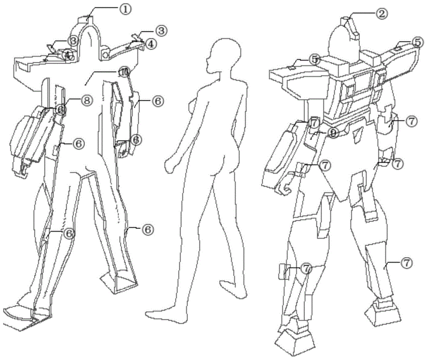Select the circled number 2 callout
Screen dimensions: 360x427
click(x=381, y=13)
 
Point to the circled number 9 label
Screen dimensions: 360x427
click(x=332, y=134)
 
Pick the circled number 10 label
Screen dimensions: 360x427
click(x=123, y=73)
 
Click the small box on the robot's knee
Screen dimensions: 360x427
click(x=284, y=272)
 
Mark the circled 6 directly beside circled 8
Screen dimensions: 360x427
click(x=61, y=109)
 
